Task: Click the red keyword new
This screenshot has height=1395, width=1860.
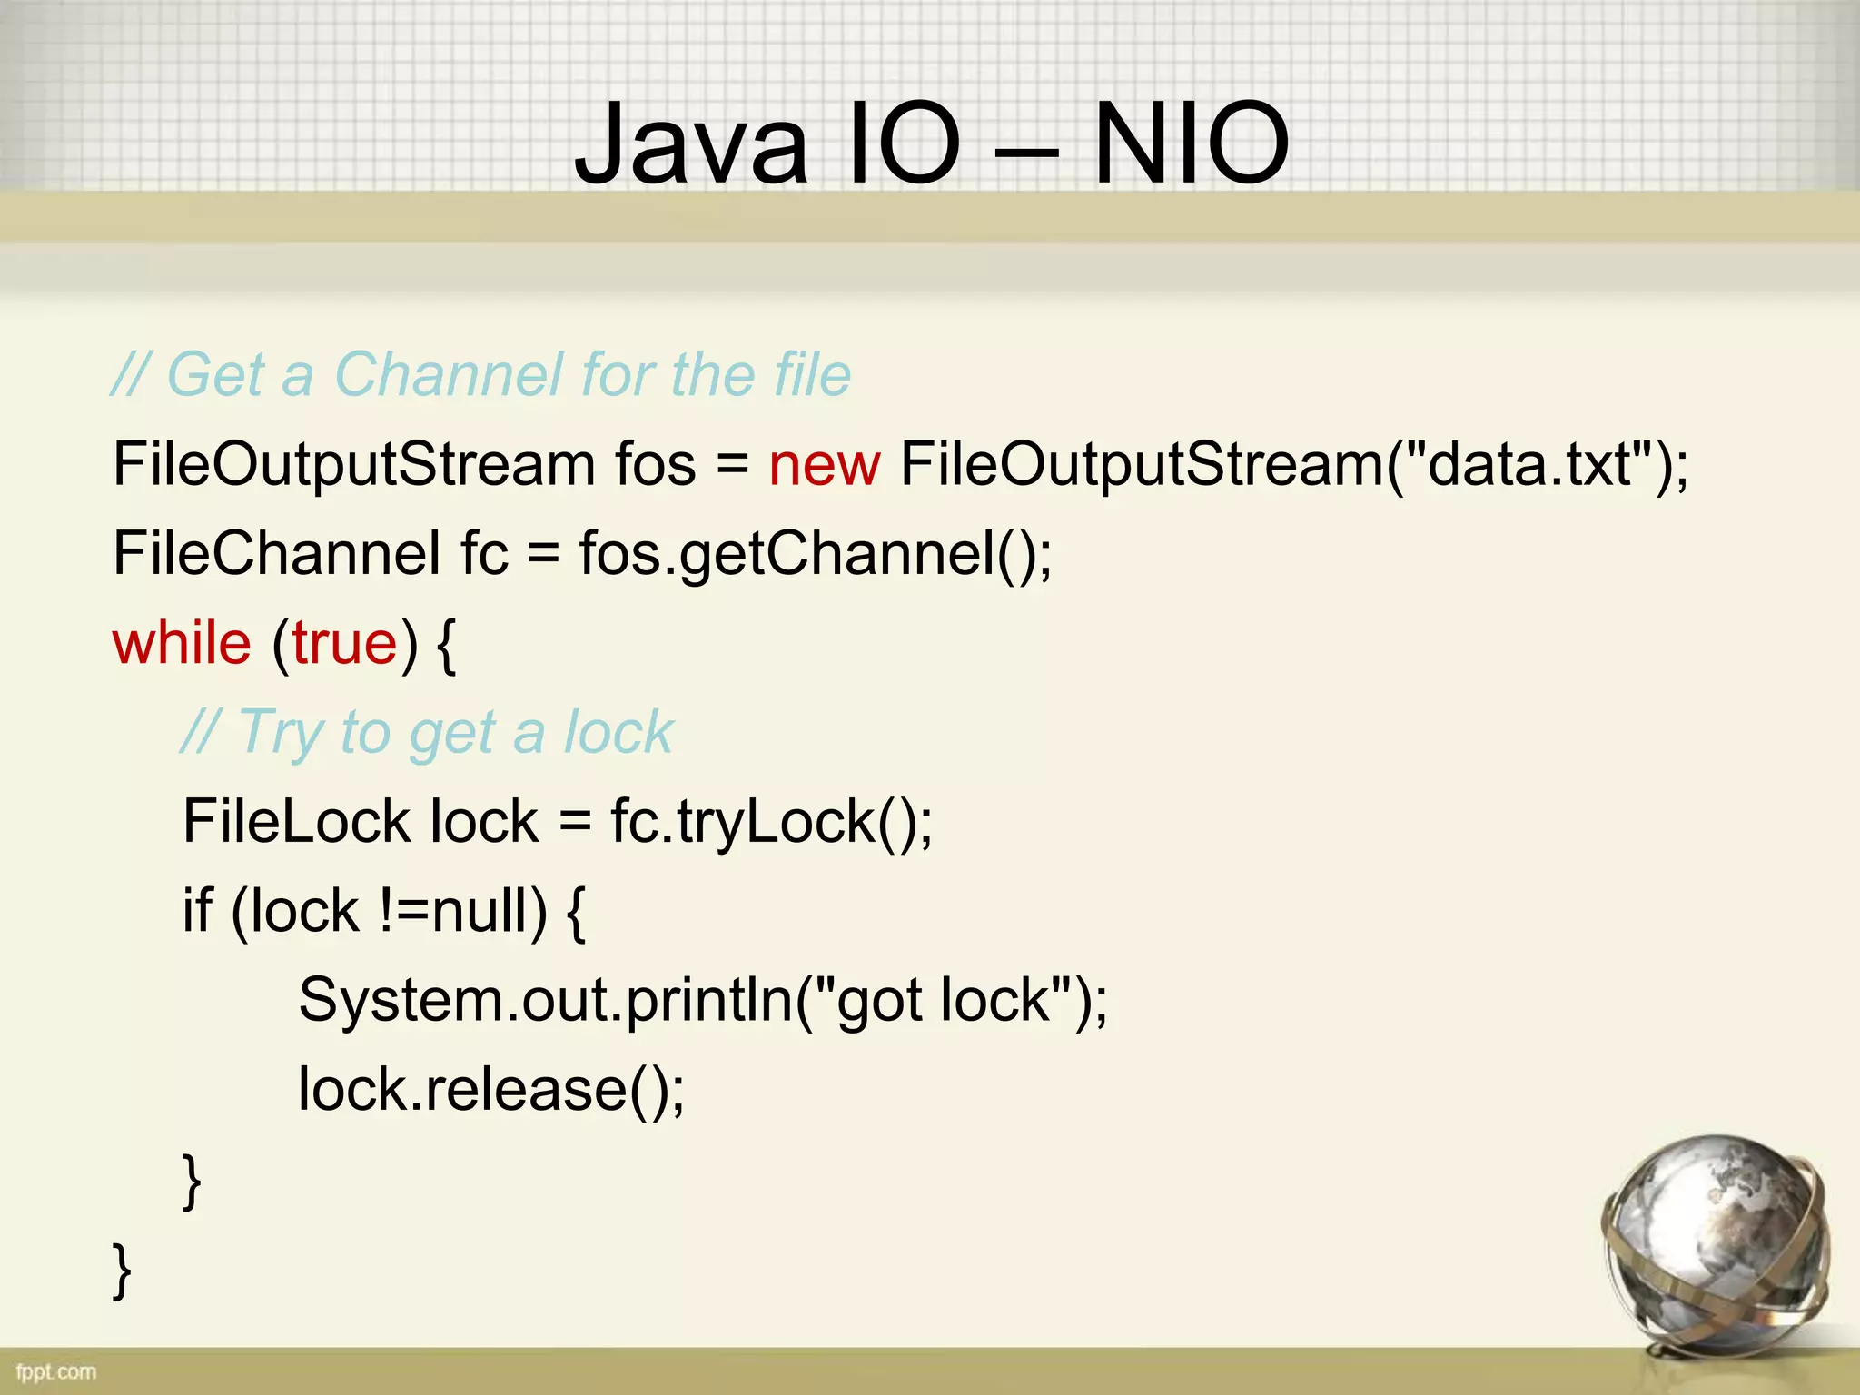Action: click(x=824, y=465)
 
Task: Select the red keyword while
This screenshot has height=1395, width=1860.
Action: click(x=182, y=644)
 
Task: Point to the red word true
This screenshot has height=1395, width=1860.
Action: click(x=345, y=644)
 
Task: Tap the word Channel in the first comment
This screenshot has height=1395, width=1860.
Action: click(x=449, y=374)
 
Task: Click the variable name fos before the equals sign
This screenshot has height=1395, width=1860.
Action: click(x=655, y=465)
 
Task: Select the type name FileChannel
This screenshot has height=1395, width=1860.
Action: click(x=276, y=554)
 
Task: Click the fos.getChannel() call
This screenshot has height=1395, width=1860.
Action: click(x=814, y=554)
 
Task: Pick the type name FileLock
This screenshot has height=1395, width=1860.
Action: click(x=296, y=822)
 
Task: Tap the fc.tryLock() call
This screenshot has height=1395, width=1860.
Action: click(x=770, y=822)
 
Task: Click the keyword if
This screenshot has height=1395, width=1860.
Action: click(x=197, y=911)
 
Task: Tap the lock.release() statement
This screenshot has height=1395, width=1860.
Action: click(x=490, y=1090)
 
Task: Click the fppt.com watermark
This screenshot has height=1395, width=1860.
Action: click(x=56, y=1371)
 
